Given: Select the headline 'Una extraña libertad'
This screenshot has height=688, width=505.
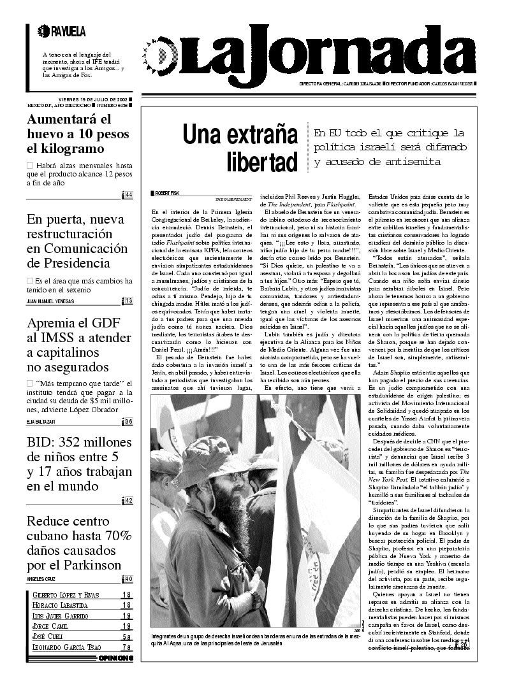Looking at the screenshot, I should click(240, 148).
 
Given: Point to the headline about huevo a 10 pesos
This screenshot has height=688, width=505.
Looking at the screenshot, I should click(78, 134).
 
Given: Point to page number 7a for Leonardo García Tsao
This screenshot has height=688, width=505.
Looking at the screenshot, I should click(127, 647).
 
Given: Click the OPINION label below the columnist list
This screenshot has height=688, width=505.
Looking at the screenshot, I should click(115, 658).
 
